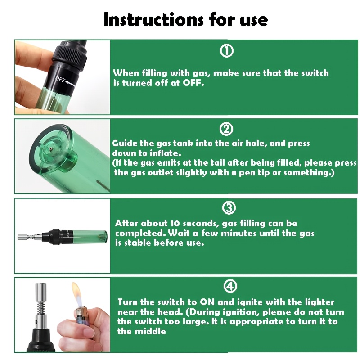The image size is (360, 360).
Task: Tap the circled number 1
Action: click(227, 51)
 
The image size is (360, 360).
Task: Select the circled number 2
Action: click(226, 129)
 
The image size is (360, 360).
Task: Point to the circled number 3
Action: click(229, 208)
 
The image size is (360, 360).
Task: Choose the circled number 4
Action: click(230, 286)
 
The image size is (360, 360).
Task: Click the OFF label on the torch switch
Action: click(60, 80)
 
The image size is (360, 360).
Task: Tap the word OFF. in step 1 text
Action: click(193, 83)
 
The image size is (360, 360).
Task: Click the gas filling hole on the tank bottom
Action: click(51, 149)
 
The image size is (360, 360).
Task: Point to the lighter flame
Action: click(77, 295)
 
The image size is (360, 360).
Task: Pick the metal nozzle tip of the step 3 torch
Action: click(23, 237)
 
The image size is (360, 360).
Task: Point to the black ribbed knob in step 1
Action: click(70, 54)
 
